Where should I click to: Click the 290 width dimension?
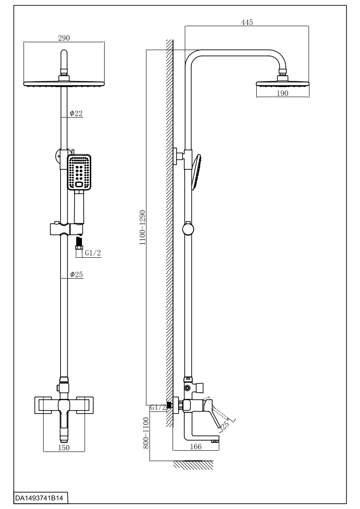tap(65, 38)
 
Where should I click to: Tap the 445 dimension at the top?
tap(247, 22)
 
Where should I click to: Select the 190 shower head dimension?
tap(282, 93)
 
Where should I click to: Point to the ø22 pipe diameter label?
tap(76, 114)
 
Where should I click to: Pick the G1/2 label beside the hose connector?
tap(92, 253)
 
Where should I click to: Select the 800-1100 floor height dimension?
tap(146, 433)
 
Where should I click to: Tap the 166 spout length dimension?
tap(196, 447)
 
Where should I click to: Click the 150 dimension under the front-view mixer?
tap(64, 448)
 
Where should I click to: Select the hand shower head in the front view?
tap(79, 172)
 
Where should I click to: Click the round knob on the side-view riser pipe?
tap(188, 229)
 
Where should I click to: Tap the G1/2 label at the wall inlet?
tap(158, 407)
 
